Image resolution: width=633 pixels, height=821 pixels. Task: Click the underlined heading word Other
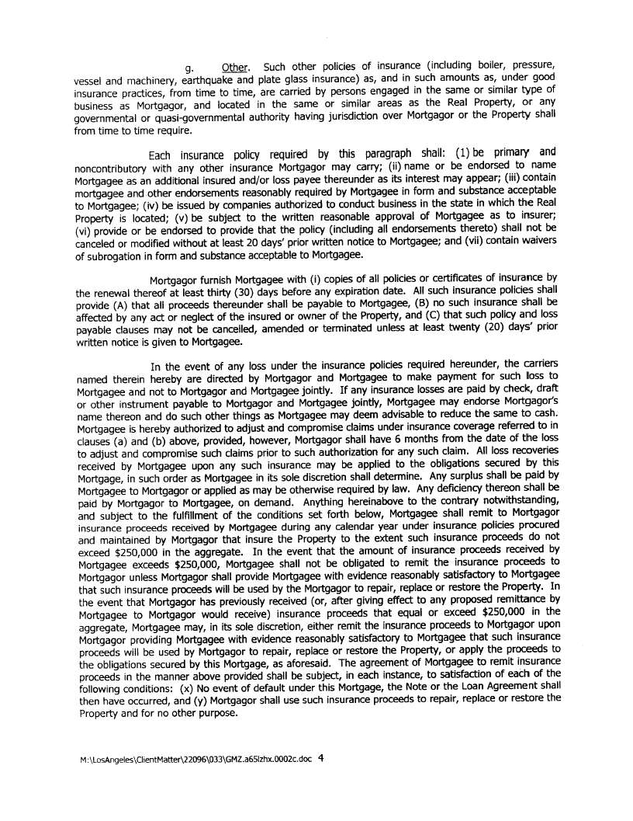pos(234,66)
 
